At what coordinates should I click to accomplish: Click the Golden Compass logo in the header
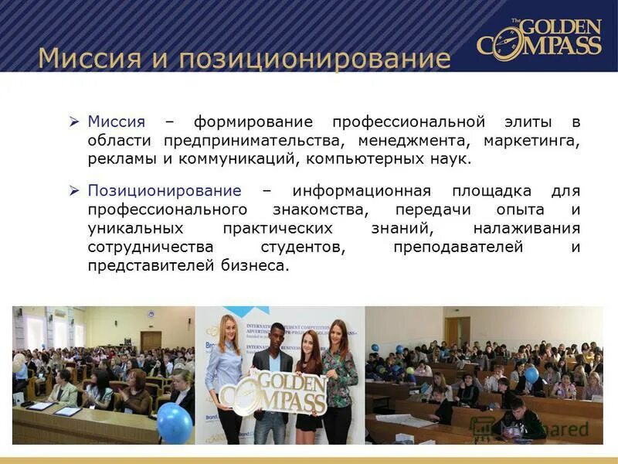click(x=538, y=36)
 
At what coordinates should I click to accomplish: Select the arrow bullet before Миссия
click(x=74, y=122)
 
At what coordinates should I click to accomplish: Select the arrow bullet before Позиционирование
click(x=74, y=191)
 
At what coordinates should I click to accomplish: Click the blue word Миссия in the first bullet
click(x=116, y=122)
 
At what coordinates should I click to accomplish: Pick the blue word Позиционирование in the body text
click(x=164, y=191)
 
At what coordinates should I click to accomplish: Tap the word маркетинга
click(x=531, y=142)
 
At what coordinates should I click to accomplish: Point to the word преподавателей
click(x=458, y=247)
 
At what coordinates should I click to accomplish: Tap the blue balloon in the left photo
click(x=174, y=422)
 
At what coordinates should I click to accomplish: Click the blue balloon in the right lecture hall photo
click(x=531, y=375)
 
